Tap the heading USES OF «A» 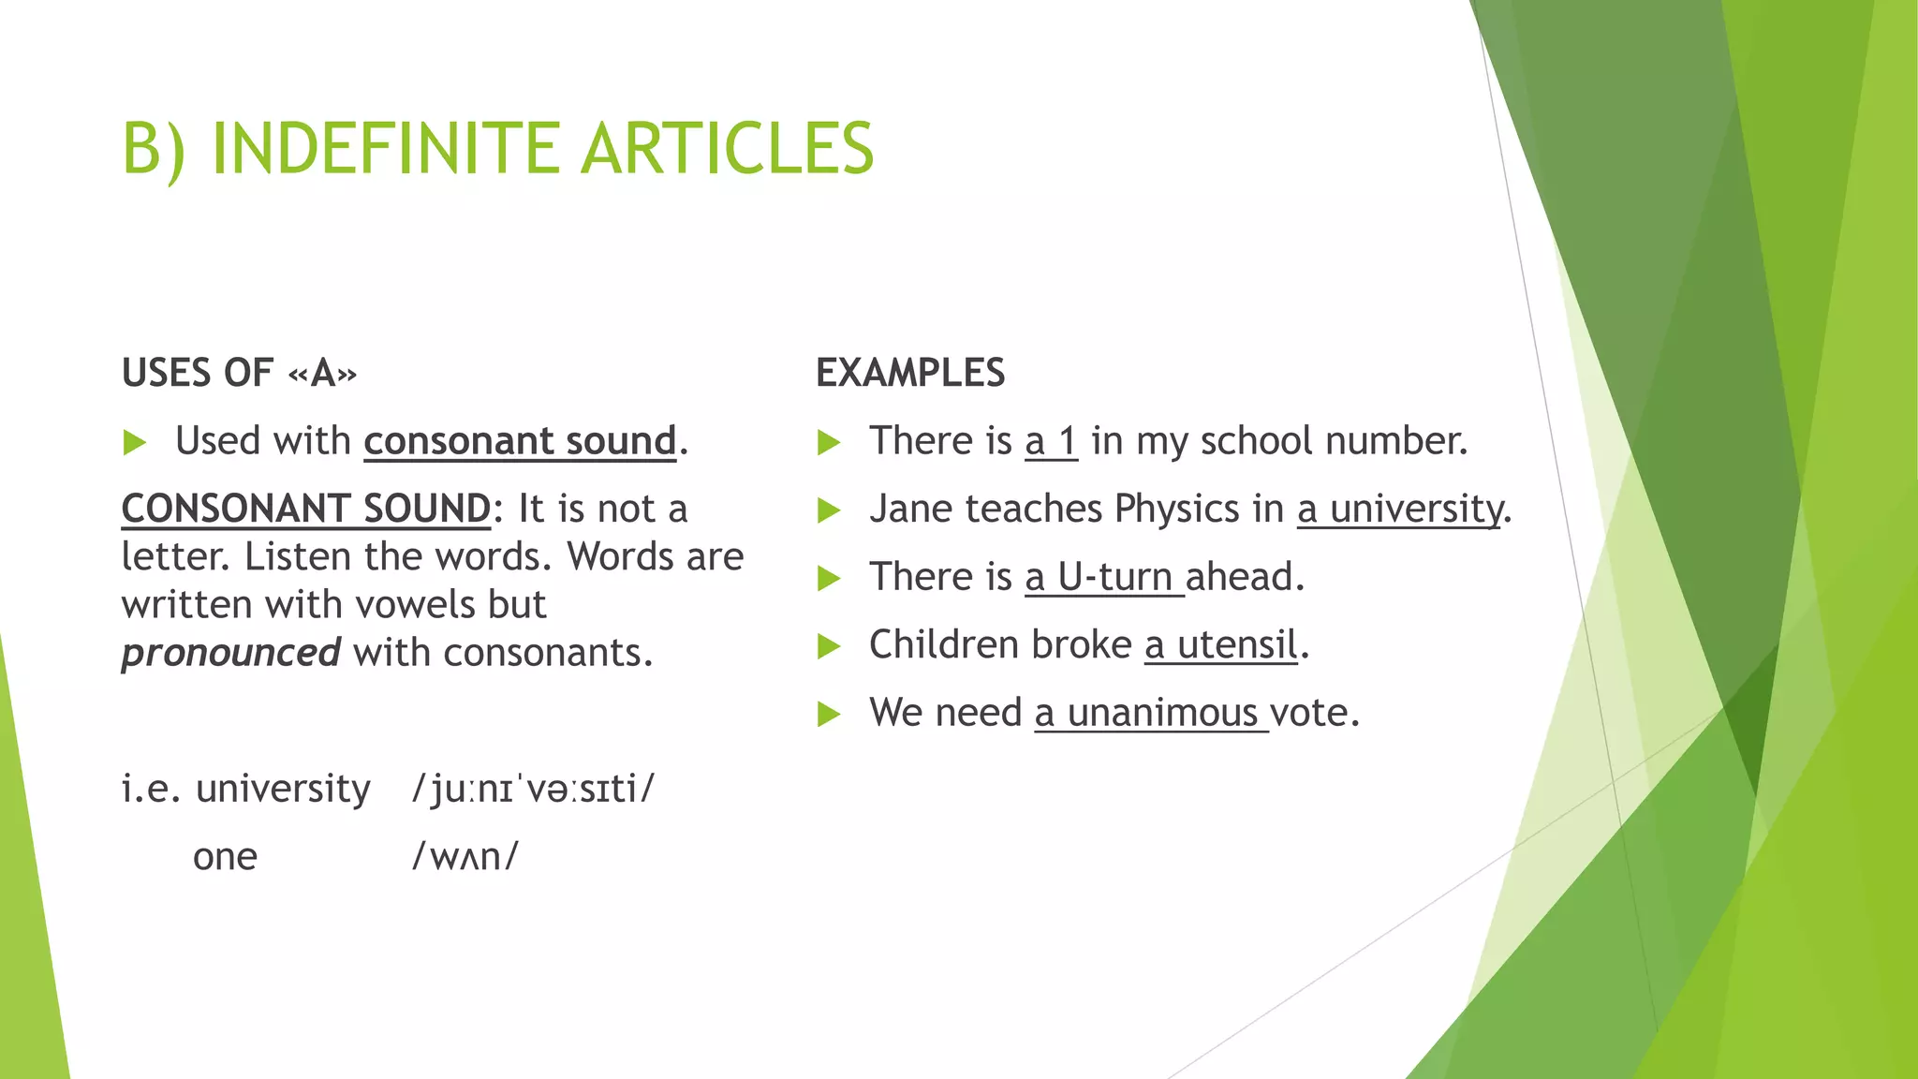click(239, 373)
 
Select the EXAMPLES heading click(910, 373)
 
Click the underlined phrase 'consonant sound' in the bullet click(520, 441)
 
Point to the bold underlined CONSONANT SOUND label click(306, 510)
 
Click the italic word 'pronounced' click(230, 653)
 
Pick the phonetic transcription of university click(534, 789)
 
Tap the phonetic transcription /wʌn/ click(465, 856)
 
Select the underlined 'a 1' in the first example click(1051, 441)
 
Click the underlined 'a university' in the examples click(1399, 510)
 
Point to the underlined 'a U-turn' click(1099, 577)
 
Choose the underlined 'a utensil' click(1220, 645)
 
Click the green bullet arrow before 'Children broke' click(829, 645)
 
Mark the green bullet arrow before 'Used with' click(135, 442)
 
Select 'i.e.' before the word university click(150, 789)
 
